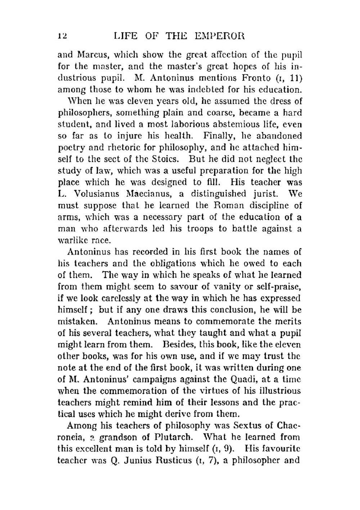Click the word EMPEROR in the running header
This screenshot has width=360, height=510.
tap(219, 36)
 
